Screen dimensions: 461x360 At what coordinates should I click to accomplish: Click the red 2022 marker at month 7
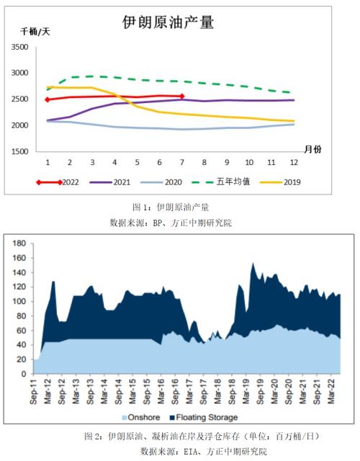tap(182, 96)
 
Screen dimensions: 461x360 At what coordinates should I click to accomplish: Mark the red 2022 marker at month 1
tap(48, 99)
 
